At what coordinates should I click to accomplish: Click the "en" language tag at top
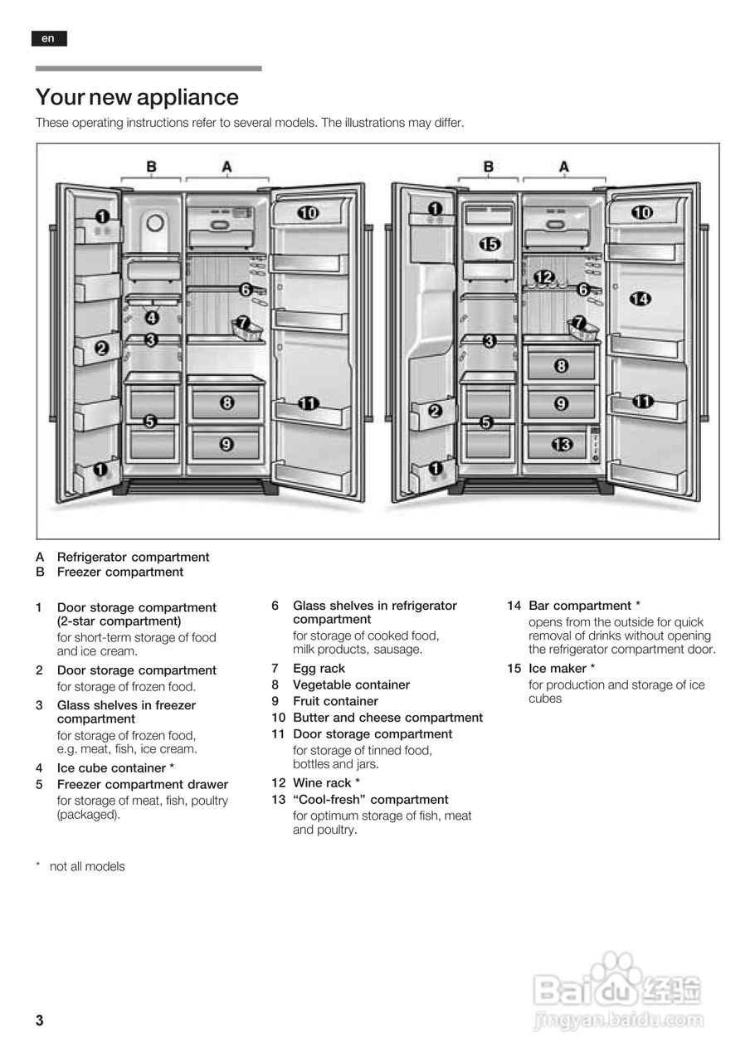[49, 38]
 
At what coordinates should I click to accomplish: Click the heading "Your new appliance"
[137, 97]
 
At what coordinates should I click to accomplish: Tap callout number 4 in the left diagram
[152, 318]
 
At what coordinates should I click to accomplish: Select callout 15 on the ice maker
[489, 244]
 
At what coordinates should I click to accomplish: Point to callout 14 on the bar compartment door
[640, 300]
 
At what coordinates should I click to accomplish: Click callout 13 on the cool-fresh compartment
[562, 446]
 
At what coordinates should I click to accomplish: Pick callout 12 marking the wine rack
[544, 276]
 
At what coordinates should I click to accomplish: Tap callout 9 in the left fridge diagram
[226, 445]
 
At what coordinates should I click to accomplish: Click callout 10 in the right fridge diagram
[641, 213]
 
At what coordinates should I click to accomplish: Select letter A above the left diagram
[226, 167]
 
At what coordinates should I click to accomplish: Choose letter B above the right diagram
[488, 167]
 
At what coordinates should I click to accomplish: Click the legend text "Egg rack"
[319, 669]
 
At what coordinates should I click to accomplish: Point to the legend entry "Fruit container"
[335, 701]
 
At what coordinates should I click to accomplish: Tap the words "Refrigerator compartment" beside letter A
[133, 558]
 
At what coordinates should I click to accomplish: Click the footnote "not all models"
[87, 867]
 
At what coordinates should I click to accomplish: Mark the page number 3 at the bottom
[39, 1021]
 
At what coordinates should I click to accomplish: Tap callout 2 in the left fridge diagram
[101, 348]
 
